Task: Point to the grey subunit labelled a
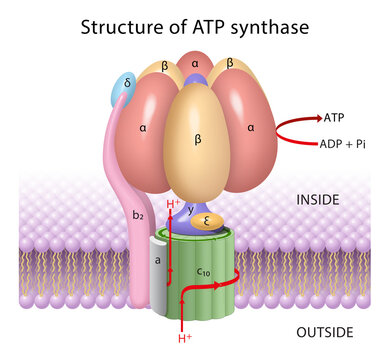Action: tap(158, 258)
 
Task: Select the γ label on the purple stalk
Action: tap(192, 210)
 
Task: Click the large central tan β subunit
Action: tap(198, 140)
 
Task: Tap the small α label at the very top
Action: tap(195, 63)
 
